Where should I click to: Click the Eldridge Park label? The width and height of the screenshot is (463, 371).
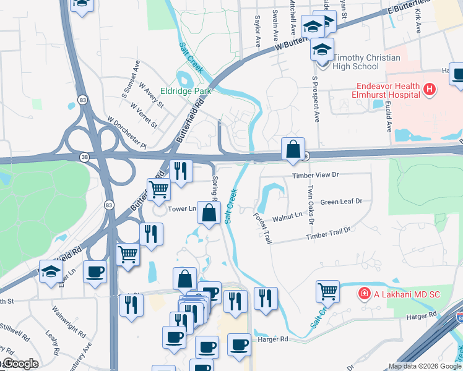pos(186,91)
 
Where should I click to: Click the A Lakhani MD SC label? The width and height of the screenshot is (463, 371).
pos(406,294)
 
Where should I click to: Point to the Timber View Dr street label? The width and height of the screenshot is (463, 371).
pos(316,176)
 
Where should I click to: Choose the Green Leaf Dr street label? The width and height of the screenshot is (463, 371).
pos(341,202)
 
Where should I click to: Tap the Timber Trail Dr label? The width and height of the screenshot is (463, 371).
pos(328,233)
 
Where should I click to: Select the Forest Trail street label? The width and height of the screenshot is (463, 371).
pos(262,228)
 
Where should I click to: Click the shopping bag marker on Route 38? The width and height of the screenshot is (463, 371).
pos(293,149)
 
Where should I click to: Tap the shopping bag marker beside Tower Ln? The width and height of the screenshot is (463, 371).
pos(209,213)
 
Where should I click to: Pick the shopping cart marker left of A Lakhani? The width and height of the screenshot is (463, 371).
pos(327,291)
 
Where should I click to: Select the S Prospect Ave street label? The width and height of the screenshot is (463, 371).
pos(316,99)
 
